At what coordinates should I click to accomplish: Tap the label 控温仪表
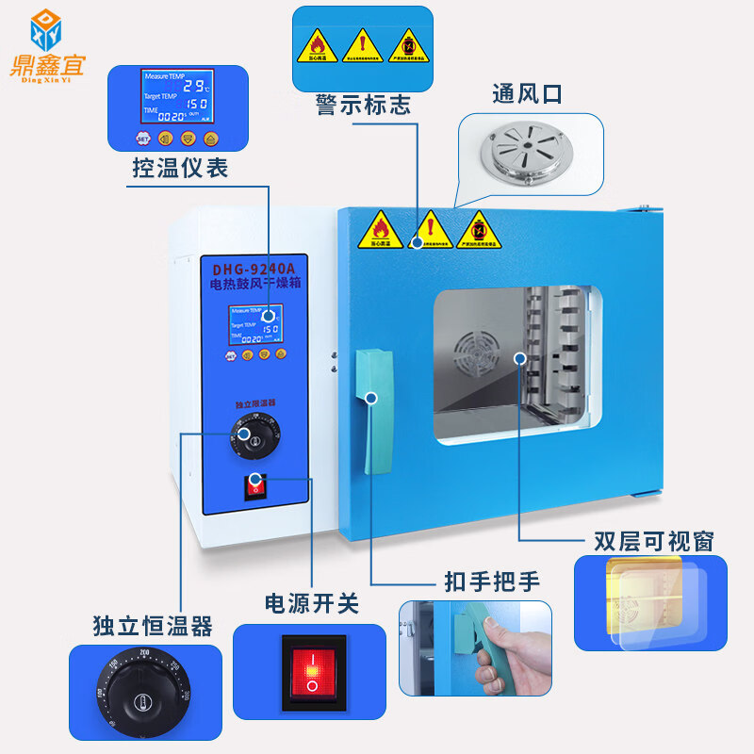point(179,169)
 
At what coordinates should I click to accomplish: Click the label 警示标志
point(363,105)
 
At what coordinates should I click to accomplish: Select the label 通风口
point(527,94)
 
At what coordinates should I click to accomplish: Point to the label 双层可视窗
point(653,540)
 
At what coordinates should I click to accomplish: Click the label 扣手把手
point(492,582)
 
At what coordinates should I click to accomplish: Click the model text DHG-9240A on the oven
point(259,268)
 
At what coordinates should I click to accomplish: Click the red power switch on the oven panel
point(254,486)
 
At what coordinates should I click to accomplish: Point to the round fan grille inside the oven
point(476,355)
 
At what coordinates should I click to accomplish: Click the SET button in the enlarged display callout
point(143,138)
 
